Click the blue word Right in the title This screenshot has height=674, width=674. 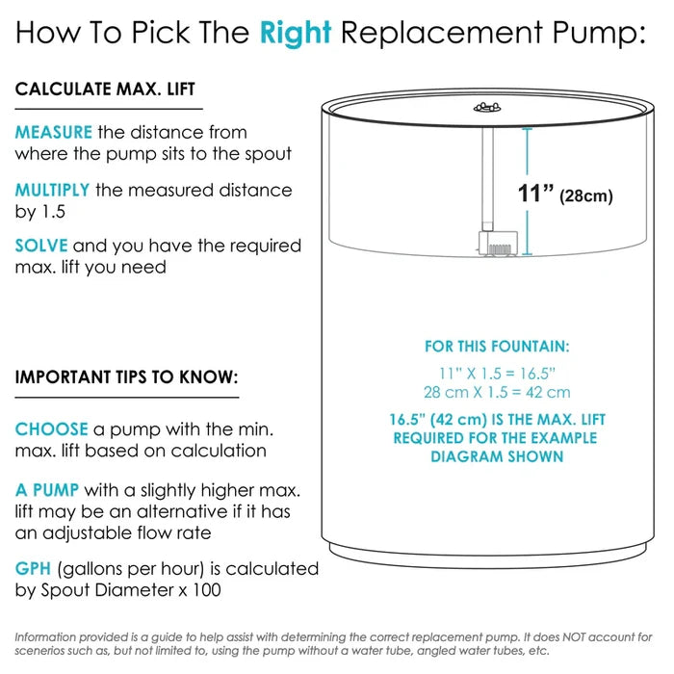point(296,34)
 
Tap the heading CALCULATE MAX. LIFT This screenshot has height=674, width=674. point(105,90)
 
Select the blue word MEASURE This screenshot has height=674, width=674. point(53,132)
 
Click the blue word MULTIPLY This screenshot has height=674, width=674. point(52,190)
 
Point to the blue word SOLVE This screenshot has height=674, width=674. point(41,246)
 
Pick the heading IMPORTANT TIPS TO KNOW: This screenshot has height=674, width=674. point(126,377)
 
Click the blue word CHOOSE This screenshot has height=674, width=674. point(52,429)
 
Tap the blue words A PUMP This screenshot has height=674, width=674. point(47,490)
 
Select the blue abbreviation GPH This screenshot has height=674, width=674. point(33,568)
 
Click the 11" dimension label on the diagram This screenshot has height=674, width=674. point(535,193)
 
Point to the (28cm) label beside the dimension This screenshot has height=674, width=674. point(585,196)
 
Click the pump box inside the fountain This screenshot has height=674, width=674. point(498,244)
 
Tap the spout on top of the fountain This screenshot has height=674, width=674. point(487,108)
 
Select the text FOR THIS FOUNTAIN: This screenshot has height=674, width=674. point(497,347)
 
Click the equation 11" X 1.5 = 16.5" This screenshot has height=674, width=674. point(497,374)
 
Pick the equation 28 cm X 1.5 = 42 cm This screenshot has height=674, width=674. point(497,392)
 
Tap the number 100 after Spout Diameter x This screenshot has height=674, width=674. point(207,589)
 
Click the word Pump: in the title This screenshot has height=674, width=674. point(599,34)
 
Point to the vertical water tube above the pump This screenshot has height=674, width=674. point(487,179)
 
